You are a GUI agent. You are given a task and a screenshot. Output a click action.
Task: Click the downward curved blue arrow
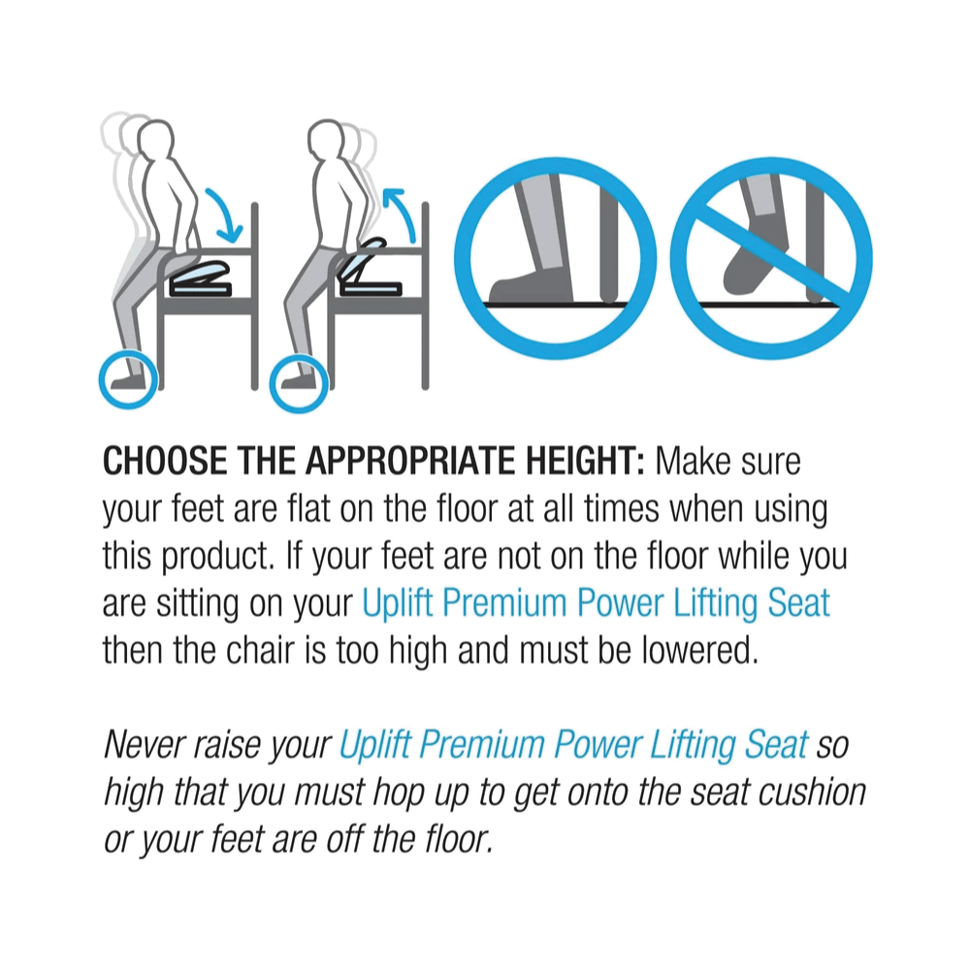tap(228, 213)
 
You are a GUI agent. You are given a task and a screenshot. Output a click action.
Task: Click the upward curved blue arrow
tap(401, 213)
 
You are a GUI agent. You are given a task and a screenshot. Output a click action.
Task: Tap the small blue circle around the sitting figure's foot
tap(129, 379)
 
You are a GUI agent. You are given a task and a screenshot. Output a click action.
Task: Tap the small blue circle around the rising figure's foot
tap(300, 382)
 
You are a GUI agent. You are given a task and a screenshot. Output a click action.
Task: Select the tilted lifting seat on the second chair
tap(367, 269)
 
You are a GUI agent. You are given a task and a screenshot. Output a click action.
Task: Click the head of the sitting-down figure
tap(155, 141)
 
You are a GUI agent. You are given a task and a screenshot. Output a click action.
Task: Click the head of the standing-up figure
tap(326, 141)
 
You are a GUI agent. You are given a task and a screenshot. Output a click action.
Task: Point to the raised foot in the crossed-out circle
tap(756, 261)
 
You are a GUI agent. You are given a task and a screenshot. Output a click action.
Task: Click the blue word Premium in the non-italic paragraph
tap(504, 603)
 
